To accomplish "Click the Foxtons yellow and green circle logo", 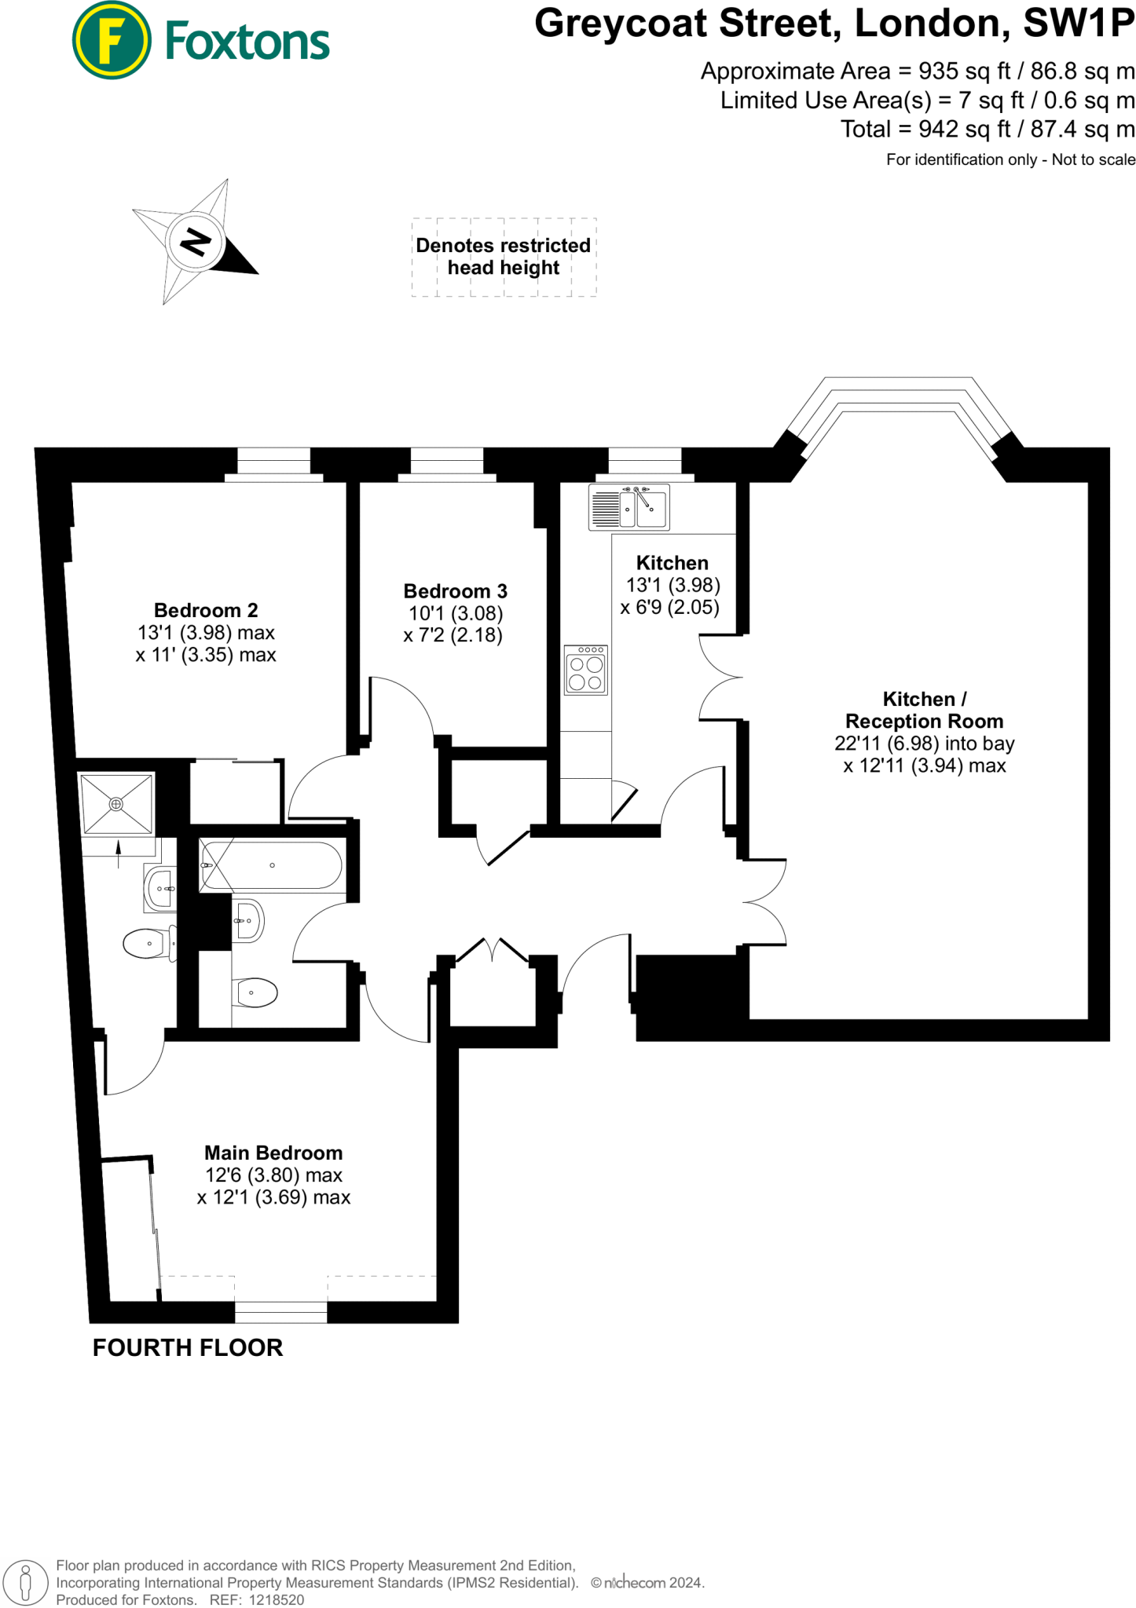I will [x=111, y=40].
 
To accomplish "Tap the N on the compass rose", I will [x=196, y=241].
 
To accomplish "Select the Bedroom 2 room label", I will [x=206, y=610].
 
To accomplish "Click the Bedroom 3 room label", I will [x=455, y=591].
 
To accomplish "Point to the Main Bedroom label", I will [x=273, y=1153].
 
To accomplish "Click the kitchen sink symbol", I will [x=629, y=507].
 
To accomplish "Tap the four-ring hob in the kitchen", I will [x=585, y=670].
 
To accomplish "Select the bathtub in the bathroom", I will [x=272, y=865].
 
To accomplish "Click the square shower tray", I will [x=116, y=804].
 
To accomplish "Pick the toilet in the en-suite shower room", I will [x=149, y=943].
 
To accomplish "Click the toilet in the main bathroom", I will [x=255, y=992].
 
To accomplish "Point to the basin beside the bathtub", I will [x=248, y=919].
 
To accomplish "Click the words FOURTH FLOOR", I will [x=188, y=1348].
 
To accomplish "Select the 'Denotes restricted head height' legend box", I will [x=504, y=257].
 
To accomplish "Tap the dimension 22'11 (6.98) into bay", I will [x=924, y=744].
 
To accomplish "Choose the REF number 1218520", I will [x=276, y=1599].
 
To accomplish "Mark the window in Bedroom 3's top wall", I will [x=446, y=462].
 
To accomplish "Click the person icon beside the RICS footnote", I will [x=26, y=1582].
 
